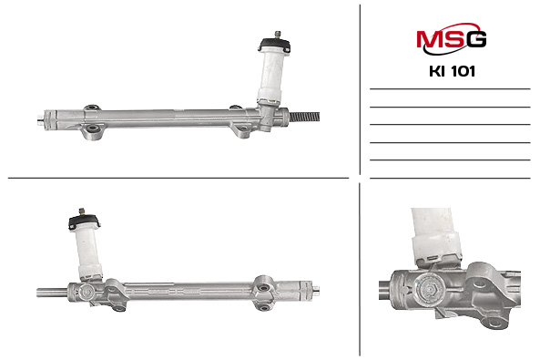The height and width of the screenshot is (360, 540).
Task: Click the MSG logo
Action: point(451,38)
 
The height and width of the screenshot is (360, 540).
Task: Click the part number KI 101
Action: point(452,71)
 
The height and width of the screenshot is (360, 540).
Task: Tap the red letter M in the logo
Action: point(429,39)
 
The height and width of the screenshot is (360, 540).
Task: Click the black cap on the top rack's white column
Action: point(274,46)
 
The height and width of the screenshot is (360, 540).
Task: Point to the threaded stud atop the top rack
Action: point(277,35)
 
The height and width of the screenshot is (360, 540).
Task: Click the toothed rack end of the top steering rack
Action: point(304,117)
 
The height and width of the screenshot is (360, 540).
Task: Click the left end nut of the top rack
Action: point(40,120)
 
